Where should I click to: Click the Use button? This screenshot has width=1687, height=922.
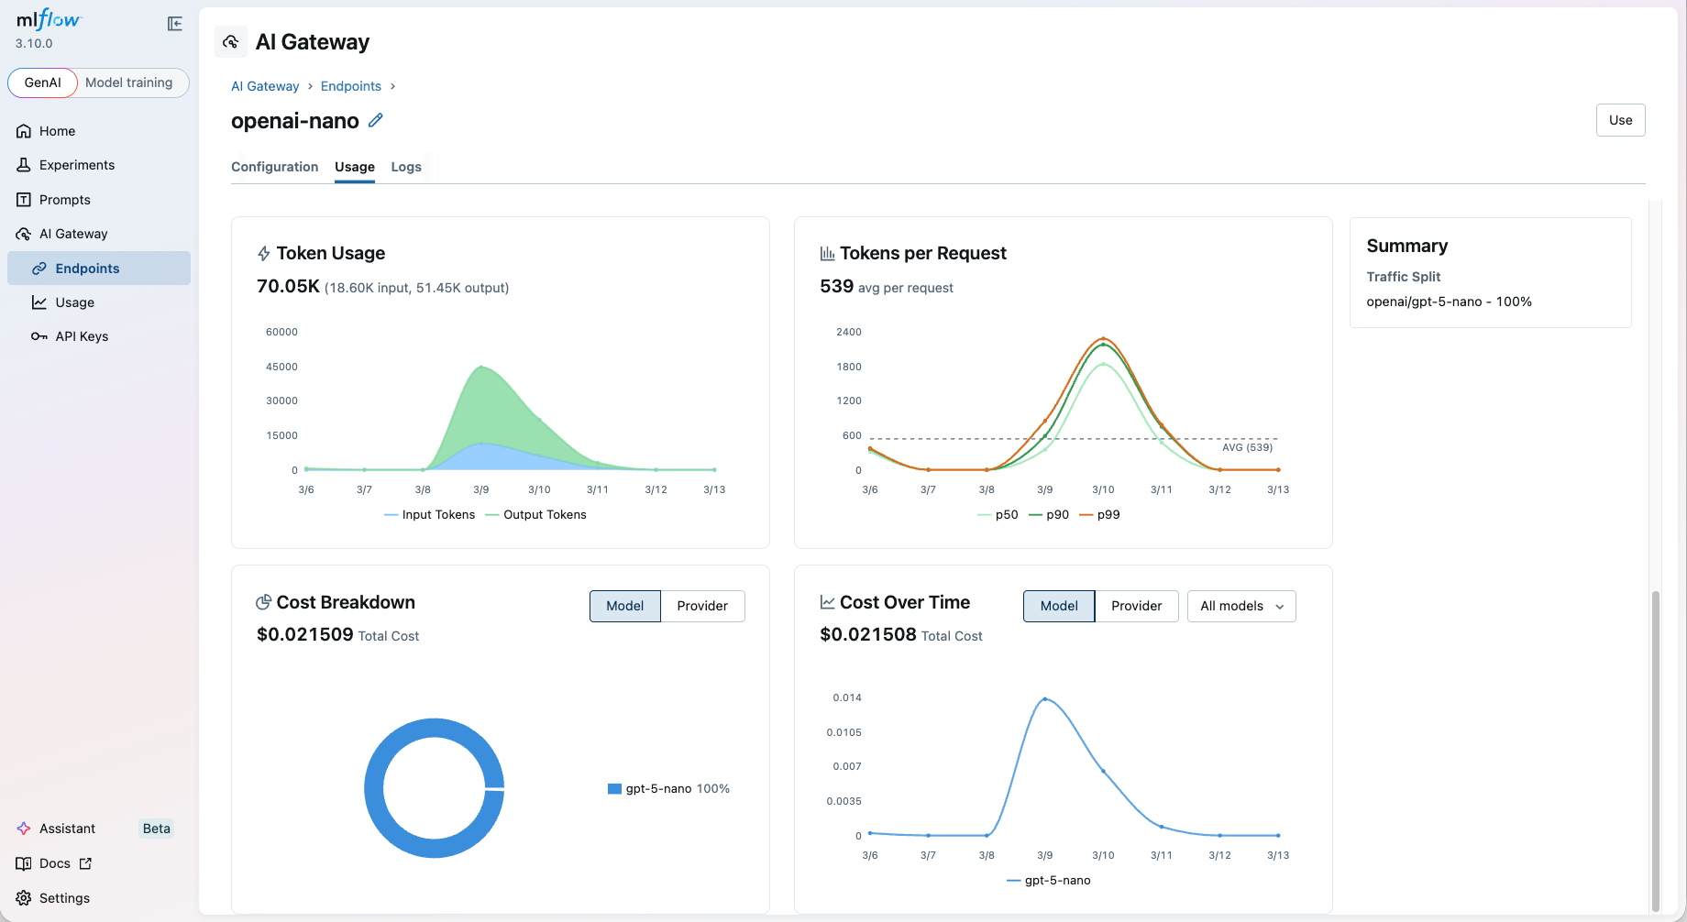1620,120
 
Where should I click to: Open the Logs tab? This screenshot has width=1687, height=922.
406,167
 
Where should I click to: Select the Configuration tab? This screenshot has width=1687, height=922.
274,167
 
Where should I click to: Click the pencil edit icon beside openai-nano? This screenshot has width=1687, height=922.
376,120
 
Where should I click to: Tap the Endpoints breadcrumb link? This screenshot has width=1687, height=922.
350,86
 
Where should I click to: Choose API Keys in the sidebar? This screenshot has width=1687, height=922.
82,336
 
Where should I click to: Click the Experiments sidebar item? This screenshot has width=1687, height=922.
77,165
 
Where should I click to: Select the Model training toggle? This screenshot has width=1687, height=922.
128,82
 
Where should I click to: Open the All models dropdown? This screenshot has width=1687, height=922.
1240,606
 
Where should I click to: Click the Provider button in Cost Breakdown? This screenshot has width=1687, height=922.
701,606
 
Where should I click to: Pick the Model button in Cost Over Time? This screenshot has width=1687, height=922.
1058,606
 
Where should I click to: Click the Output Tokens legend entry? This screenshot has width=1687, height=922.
544,515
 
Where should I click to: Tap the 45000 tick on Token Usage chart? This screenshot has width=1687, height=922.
281,367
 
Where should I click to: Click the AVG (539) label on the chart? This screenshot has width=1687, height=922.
1247,447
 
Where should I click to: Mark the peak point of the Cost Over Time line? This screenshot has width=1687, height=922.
1045,699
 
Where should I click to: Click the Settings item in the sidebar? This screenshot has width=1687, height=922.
64,898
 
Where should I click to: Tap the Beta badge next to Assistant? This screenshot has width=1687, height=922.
156,829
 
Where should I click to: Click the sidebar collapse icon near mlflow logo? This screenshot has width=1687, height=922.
174,24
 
